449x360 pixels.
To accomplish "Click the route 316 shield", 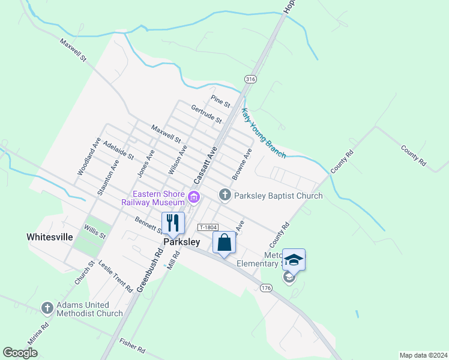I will pos(250,80).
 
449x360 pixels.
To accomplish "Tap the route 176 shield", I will pos(267,289).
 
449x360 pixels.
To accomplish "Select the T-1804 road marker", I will pos(208,227).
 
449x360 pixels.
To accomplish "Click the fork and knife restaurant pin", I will pos(173,223).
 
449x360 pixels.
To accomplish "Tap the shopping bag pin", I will pos(224,244).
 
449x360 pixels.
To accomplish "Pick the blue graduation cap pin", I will pos(294,260).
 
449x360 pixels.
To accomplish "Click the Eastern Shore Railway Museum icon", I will pos(193,197).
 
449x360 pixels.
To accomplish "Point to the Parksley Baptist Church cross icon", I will pos(224,194).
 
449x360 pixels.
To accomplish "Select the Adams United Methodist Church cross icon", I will pos(47,308).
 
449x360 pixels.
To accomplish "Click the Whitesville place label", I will pos(50,237).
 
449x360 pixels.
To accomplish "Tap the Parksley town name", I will pos(182,242).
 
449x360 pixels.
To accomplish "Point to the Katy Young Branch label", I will pos(263,133).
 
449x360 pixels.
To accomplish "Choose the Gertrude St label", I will pos(203,112).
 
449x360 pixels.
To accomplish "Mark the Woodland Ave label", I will pos(88,157).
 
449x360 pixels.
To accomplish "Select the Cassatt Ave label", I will pos(205,167).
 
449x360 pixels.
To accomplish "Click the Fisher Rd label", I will pos(132,345).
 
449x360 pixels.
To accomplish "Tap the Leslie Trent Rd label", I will pos(115,276).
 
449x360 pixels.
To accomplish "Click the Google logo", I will pos(20,353).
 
